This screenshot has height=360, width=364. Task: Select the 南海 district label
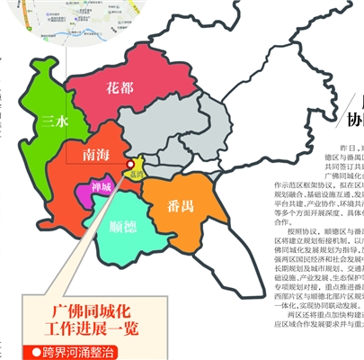(x=94, y=155)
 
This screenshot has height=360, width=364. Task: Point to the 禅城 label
(x=102, y=188)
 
